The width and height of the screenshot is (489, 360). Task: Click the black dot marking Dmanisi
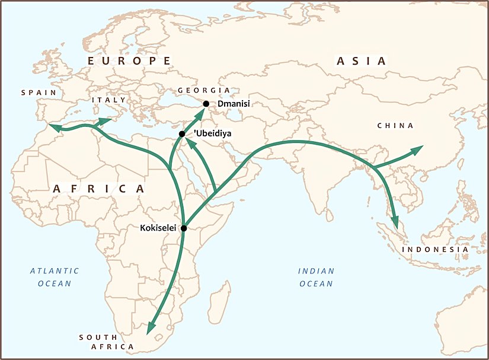coord(206,104)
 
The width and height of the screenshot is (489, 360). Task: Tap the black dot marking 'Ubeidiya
coord(182,134)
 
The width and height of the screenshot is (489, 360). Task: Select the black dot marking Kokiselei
coord(184,228)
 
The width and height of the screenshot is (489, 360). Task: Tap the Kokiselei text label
coord(159,228)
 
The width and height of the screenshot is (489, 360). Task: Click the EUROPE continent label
coord(129,61)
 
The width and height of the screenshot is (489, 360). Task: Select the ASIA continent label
coord(361,61)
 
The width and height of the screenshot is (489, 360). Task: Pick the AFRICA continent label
coord(98,188)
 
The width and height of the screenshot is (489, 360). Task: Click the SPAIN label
coord(39,93)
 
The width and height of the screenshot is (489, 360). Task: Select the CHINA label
coord(395,126)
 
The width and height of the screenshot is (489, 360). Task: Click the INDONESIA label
coord(436,250)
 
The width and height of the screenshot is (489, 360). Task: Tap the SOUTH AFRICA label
coord(107,342)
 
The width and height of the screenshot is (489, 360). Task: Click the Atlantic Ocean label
coord(55,277)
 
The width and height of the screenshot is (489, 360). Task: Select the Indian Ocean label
coord(316,277)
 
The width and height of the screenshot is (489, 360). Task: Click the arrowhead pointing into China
coord(417,149)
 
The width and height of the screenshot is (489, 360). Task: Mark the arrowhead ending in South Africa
coord(151,327)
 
